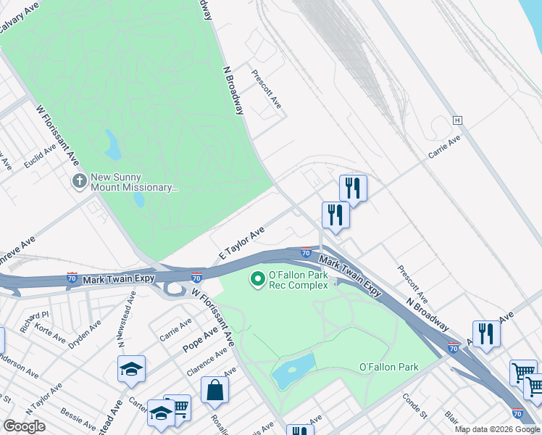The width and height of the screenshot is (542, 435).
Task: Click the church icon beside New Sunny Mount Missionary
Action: click(79, 179)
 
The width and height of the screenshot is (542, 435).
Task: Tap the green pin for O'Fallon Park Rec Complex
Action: click(257, 278)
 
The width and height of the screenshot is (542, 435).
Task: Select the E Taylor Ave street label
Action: click(242, 244)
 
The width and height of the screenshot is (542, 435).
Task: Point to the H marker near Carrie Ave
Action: click(457, 120)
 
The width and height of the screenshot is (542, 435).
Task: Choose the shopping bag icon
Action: click(215, 390)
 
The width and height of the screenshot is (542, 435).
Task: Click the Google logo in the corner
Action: click(24, 426)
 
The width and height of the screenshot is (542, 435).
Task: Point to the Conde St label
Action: click(414, 407)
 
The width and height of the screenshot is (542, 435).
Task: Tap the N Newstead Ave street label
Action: click(131, 315)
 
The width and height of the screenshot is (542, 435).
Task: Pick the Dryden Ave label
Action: click(86, 333)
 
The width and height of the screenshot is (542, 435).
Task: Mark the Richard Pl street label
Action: click(34, 320)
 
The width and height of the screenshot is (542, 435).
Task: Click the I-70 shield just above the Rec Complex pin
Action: click(306, 253)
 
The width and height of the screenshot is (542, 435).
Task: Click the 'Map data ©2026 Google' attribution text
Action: click(497, 429)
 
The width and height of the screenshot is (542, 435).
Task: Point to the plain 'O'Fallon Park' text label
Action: click(389, 368)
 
